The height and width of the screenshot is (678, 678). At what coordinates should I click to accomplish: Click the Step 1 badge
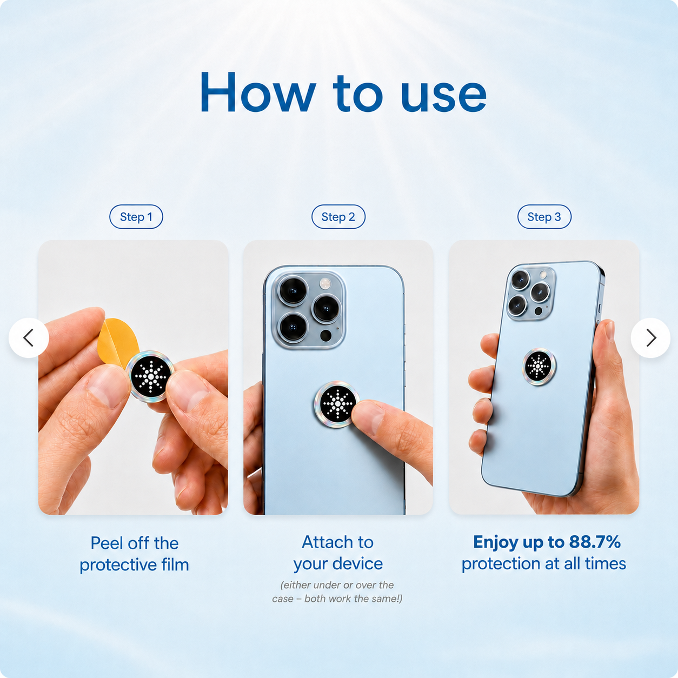point(136,217)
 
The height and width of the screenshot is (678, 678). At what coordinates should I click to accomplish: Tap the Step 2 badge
point(338,217)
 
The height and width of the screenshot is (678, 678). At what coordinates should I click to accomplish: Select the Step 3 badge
point(544,217)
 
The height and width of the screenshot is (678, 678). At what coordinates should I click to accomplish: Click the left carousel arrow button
point(29,338)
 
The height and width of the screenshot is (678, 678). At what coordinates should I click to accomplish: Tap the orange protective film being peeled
point(118,342)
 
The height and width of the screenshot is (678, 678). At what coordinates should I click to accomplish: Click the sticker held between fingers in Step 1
point(150,376)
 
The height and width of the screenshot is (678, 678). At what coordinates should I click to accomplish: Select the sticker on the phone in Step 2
point(337,404)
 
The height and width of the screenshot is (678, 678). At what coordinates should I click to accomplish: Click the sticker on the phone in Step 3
point(539,366)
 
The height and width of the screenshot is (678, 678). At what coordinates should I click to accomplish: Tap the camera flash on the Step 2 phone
point(325,284)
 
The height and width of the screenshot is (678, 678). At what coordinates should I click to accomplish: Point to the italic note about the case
point(337,592)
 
